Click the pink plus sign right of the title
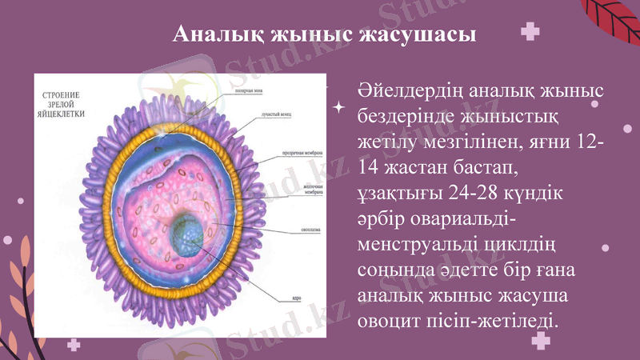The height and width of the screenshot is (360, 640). coord(528,33)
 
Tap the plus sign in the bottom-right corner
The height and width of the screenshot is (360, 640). coord(542,340)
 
